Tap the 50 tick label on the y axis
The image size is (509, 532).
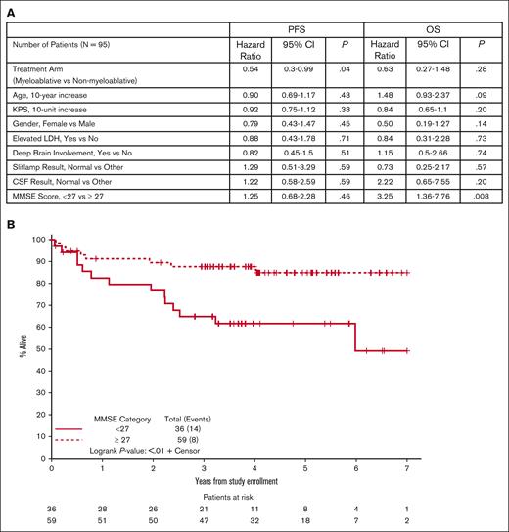39,349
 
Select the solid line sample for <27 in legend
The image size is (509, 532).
69,427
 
